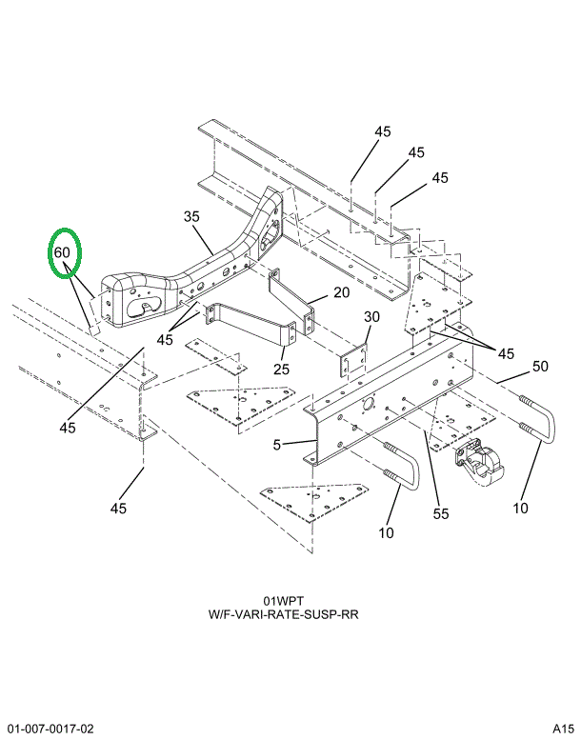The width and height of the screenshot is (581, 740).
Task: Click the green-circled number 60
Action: [63, 253]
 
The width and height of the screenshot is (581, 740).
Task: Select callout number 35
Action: [191, 217]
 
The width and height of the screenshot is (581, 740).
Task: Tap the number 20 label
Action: [341, 292]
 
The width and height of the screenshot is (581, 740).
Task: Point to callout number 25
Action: [282, 369]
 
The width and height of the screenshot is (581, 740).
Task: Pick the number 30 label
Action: [371, 317]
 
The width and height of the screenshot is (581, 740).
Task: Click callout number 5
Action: [275, 444]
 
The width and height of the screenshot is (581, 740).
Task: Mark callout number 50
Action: [540, 366]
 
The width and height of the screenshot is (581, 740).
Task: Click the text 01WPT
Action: [283, 601]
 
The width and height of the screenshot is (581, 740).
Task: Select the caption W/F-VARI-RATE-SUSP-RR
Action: [283, 615]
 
